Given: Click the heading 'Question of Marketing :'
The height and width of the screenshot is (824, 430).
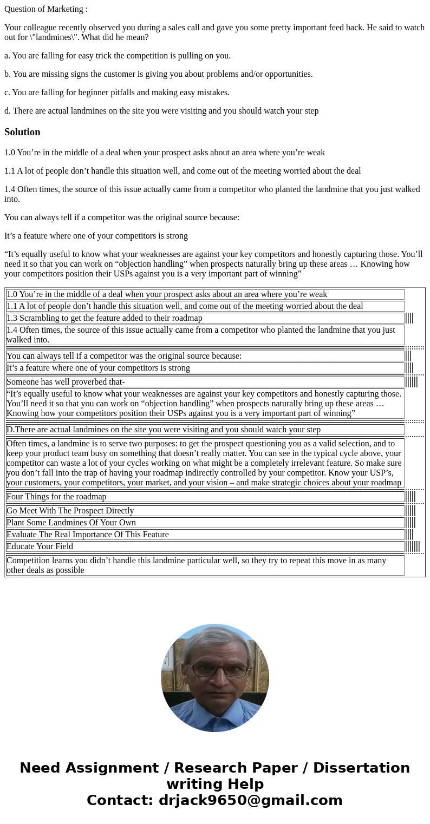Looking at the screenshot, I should (x=46, y=9).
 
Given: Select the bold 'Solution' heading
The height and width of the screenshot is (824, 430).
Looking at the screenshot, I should (x=22, y=132).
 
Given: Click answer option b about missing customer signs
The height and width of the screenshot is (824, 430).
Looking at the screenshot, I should (x=158, y=74).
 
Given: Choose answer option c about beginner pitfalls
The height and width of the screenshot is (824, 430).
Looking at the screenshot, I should (x=117, y=93).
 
